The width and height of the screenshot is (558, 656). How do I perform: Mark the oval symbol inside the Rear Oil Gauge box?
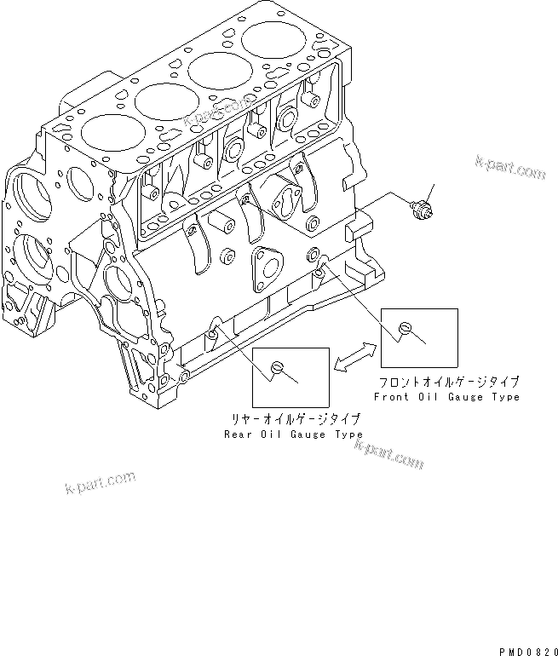point(276,367)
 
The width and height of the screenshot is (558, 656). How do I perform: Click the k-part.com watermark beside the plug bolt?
point(509,166)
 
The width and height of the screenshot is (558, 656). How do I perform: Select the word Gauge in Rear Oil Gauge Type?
point(308,434)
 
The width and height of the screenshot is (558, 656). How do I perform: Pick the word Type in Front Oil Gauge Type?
point(503,397)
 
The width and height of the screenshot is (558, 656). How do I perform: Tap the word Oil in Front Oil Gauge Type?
point(426,397)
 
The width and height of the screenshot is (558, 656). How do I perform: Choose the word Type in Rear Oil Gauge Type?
point(348,434)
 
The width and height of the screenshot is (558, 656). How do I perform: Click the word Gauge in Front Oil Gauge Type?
point(463,397)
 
